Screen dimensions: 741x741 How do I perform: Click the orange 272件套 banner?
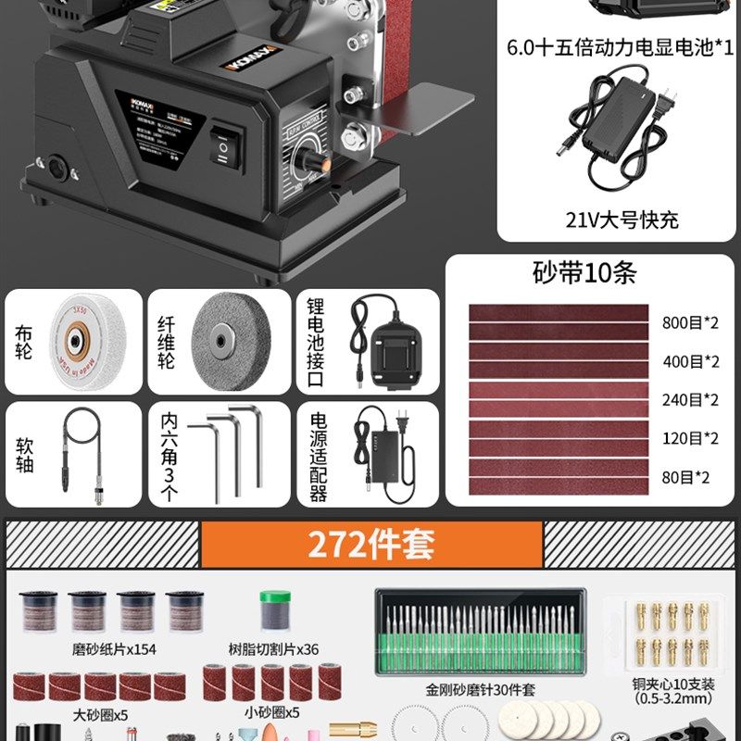370,545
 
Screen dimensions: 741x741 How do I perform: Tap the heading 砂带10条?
585,273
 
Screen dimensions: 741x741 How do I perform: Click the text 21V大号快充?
622,220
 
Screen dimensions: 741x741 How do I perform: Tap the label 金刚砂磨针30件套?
481,689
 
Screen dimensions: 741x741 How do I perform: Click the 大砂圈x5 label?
100,713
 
